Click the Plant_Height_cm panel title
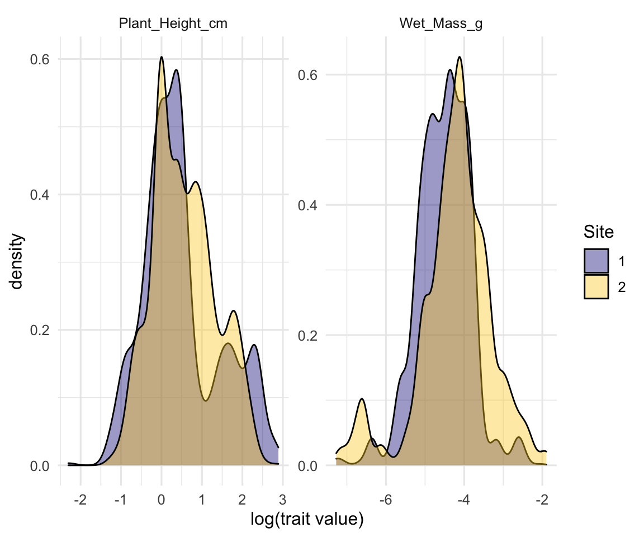[x=173, y=24]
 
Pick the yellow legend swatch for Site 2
[x=596, y=286]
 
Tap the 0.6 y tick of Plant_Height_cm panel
[x=40, y=59]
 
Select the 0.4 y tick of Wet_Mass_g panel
[x=308, y=205]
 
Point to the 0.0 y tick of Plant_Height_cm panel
[x=40, y=466]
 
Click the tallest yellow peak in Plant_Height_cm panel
[x=162, y=58]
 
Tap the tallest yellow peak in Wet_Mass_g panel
[x=460, y=58]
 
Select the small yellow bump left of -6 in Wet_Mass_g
[x=362, y=399]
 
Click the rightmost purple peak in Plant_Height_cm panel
[x=254, y=345]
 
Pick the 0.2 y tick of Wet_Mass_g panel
[x=308, y=336]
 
